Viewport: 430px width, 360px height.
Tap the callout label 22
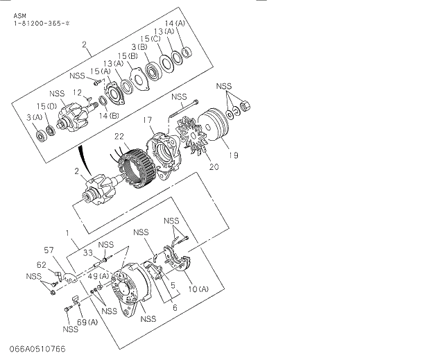(119, 137)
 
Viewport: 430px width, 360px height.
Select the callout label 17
(148, 121)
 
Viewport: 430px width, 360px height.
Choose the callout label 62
(42, 264)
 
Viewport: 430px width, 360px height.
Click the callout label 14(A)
(175, 23)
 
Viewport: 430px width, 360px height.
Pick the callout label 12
(78, 93)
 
